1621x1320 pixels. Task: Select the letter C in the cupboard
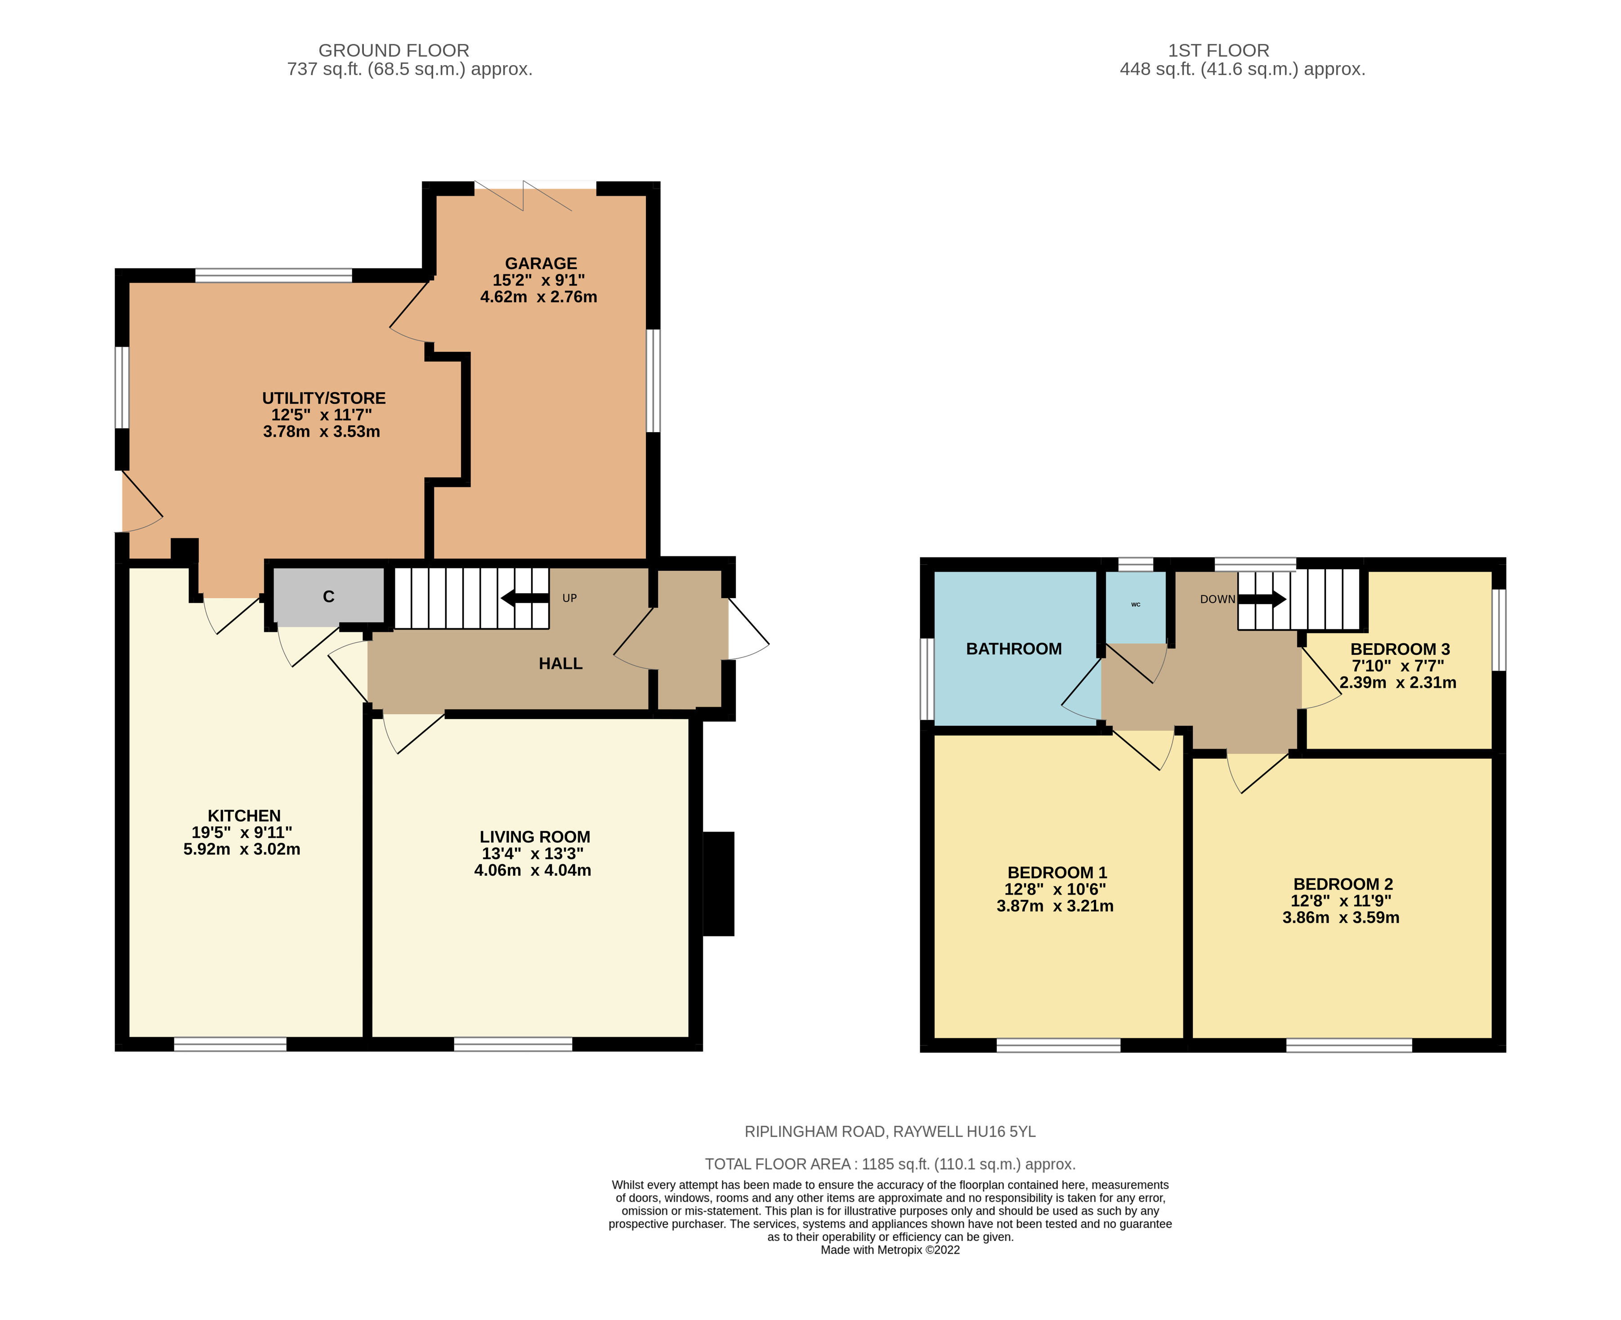pos(328,597)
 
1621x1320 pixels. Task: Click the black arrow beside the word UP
pos(524,598)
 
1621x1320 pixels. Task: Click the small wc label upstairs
pos(1135,604)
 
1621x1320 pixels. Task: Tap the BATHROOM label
pos(1013,649)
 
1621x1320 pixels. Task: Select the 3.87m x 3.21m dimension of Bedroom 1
pos(1055,906)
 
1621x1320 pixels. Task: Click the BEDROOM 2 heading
pos(1343,884)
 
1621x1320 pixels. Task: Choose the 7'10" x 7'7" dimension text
pos(1397,665)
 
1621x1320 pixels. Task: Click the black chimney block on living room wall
pos(718,884)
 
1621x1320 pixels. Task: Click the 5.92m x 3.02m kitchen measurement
pos(242,849)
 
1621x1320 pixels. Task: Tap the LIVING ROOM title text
pos(534,837)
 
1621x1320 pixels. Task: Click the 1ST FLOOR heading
pos(1218,50)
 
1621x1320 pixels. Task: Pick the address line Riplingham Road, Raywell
pos(890,1132)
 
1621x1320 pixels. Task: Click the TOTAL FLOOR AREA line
pos(890,1164)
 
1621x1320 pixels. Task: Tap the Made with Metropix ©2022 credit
pos(890,1250)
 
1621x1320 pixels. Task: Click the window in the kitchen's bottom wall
pos(230,1045)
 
